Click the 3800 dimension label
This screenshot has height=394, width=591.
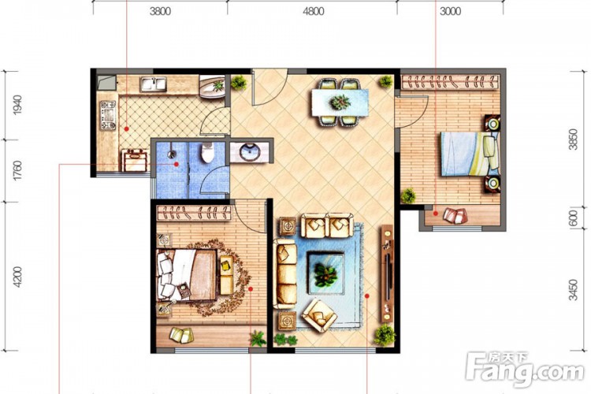[160, 11]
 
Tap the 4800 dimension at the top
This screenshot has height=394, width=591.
[313, 11]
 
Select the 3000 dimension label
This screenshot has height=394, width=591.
[451, 11]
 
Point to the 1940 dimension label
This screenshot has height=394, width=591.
[17, 105]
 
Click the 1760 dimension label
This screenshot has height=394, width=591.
[17, 170]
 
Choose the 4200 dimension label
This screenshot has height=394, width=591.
[17, 277]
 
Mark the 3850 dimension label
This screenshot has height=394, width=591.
[574, 139]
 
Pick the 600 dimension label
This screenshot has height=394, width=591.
[574, 218]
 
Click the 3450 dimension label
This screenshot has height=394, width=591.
[574, 289]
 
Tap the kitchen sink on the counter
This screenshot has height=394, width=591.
[153, 84]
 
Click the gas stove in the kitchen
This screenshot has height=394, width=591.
[108, 115]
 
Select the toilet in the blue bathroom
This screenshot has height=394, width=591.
[207, 152]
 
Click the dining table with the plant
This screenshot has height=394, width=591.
[340, 102]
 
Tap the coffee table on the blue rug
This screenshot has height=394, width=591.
[325, 273]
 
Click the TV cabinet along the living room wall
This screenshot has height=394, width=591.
[387, 273]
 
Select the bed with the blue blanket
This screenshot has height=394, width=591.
[470, 154]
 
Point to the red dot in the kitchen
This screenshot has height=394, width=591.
[127, 129]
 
